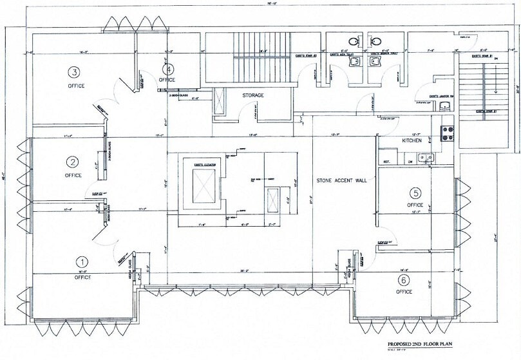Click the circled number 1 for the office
(x=82, y=262)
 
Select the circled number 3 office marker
(x=75, y=71)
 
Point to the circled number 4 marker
(x=169, y=68)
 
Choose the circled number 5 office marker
(x=415, y=193)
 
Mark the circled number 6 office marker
(x=404, y=279)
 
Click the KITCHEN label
(x=412, y=140)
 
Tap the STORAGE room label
(x=253, y=95)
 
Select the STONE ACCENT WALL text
(x=341, y=181)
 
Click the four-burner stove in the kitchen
(x=447, y=133)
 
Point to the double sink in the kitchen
(x=424, y=156)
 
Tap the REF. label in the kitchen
(x=388, y=161)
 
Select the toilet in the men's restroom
(x=353, y=42)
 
